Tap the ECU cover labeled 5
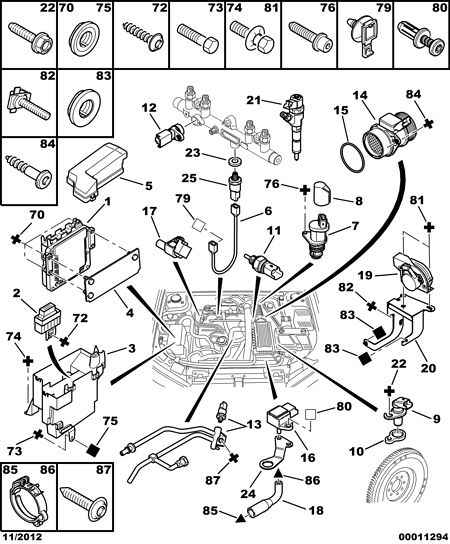97,171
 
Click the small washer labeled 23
236,161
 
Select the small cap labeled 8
322,194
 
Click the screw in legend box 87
84,499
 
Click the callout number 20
427,367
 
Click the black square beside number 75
92,450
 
